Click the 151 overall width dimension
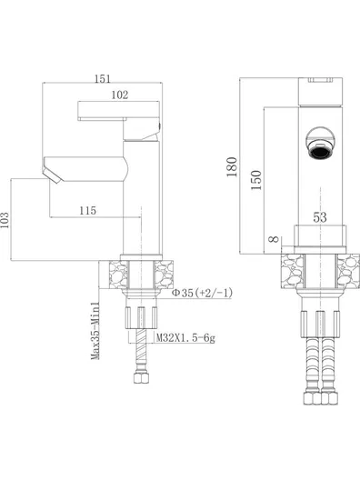(102, 79)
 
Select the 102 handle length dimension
(120, 95)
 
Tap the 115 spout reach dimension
(88, 211)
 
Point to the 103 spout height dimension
(5, 220)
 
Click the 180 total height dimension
(232, 167)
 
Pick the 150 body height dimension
(256, 180)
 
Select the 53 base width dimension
(320, 217)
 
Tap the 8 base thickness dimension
(275, 239)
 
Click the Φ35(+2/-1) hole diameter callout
(202, 293)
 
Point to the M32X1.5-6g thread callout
(185, 338)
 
